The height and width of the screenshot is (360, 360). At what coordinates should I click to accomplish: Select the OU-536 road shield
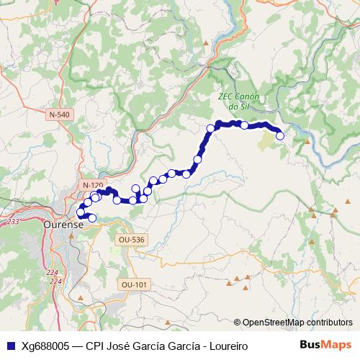click(x=131, y=239)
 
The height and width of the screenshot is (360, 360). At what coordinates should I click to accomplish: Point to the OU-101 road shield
click(x=135, y=284)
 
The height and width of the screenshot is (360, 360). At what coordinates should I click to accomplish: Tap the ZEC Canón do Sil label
click(x=238, y=102)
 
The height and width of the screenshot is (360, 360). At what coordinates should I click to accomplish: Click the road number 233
click(x=13, y=222)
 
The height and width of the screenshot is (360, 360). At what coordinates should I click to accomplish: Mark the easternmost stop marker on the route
click(x=280, y=135)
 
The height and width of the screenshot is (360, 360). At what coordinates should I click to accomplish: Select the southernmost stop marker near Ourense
click(x=91, y=217)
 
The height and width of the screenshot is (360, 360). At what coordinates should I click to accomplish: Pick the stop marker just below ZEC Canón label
click(x=244, y=125)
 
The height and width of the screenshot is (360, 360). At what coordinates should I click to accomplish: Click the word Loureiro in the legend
click(x=226, y=346)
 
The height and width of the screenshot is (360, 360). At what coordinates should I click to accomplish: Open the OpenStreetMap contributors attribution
click(x=293, y=322)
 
